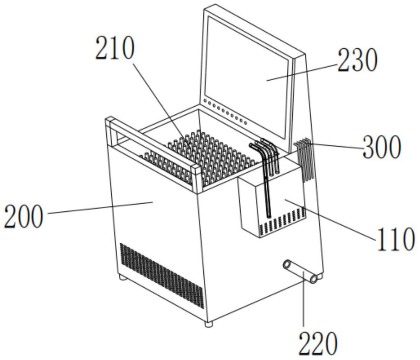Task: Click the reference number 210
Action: [x=115, y=48]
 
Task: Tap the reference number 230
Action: [x=357, y=60]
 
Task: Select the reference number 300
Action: [x=382, y=146]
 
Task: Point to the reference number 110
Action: [x=396, y=239]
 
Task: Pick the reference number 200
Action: [x=24, y=216]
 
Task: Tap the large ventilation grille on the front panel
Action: [x=162, y=276]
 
